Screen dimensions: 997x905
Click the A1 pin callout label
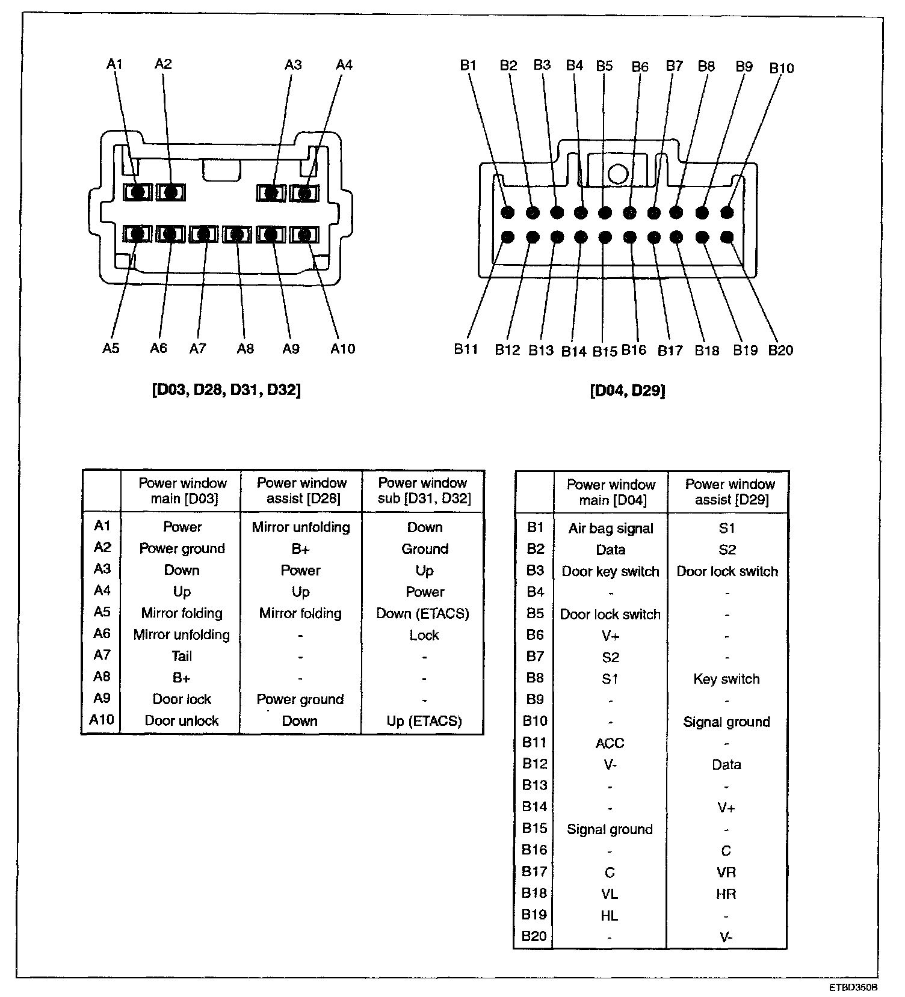[x=114, y=64]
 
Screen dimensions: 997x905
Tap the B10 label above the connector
[x=782, y=68]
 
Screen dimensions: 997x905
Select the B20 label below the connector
[x=780, y=350]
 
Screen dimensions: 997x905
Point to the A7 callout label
[x=198, y=349]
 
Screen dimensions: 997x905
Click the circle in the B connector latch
[x=617, y=174]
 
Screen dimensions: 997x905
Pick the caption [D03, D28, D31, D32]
[x=226, y=390]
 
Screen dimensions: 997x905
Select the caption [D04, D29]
[x=628, y=391]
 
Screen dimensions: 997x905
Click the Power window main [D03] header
[x=182, y=491]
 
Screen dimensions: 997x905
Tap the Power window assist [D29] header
[x=730, y=492]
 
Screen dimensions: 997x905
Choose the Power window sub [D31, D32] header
[x=424, y=491]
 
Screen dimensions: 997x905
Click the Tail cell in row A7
[x=182, y=656]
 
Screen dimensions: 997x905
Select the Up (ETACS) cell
[x=424, y=721]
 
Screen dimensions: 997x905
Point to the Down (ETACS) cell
[x=422, y=613]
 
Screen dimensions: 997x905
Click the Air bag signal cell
[x=611, y=529]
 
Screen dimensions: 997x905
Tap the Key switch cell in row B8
[x=726, y=679]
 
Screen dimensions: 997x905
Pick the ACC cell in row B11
[x=610, y=743]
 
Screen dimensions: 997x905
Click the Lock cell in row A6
[x=424, y=635]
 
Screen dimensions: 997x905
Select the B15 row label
[x=534, y=829]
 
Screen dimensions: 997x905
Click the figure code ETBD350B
[x=853, y=987]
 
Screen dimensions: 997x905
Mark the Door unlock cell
[x=182, y=720]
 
